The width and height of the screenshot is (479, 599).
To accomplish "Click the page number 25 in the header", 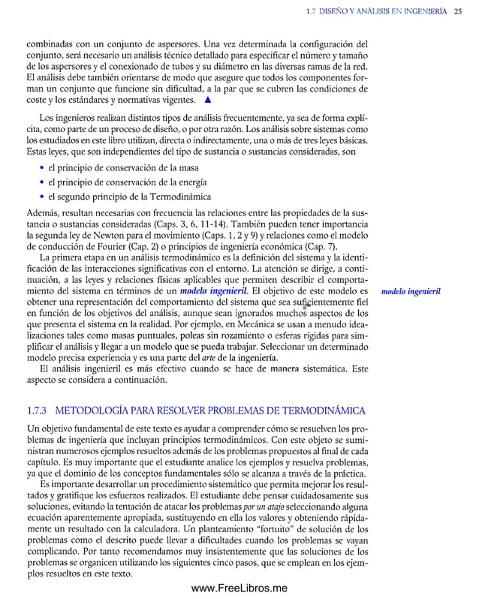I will (457, 11).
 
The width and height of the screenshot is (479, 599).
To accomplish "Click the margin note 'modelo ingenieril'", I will (411, 290).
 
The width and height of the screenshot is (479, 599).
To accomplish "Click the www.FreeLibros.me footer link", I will (239, 589).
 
